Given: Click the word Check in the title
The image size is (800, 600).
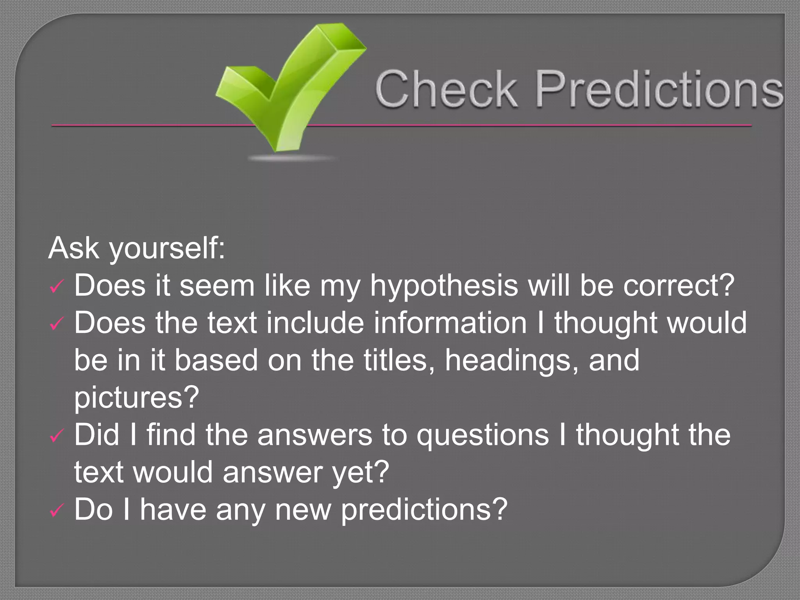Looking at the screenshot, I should (446, 89).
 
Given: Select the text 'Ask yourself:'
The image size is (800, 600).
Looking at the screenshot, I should (137, 248).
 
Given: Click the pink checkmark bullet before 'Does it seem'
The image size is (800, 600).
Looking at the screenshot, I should (56, 287).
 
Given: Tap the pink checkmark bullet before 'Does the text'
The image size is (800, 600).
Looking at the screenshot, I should (56, 325).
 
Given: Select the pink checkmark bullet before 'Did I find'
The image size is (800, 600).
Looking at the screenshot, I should (56, 436).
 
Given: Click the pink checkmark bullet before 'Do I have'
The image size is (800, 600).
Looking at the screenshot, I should (56, 511).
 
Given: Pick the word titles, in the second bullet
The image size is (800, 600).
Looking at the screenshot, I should (399, 360).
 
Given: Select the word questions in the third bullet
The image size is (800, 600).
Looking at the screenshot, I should (482, 435).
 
